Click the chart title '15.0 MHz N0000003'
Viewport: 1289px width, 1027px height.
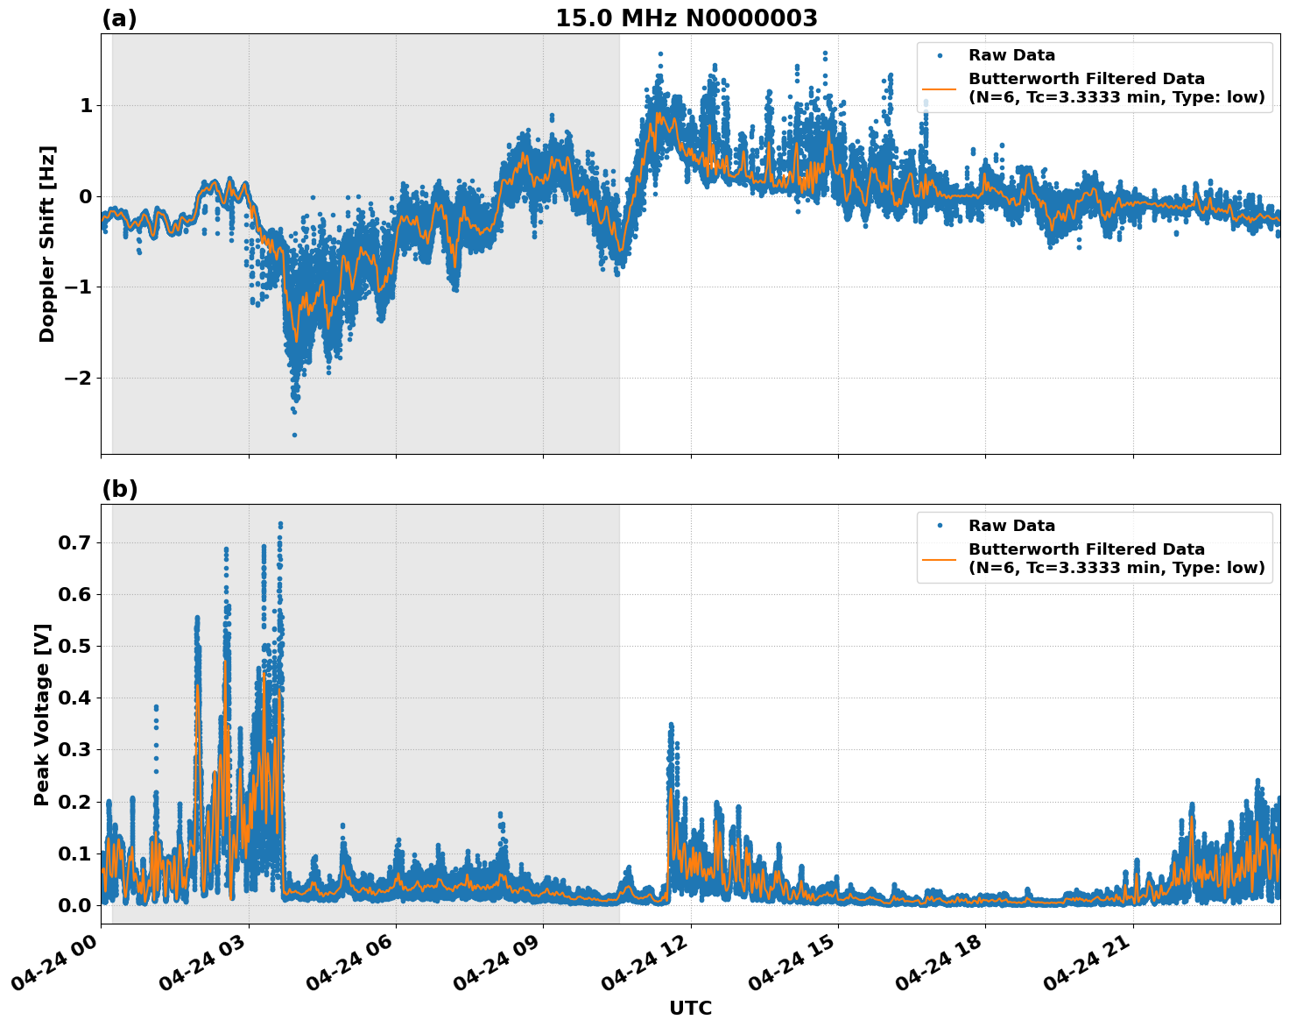pyautogui.click(x=686, y=18)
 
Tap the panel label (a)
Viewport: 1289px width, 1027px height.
pyautogui.click(x=119, y=18)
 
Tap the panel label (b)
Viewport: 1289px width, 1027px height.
pyautogui.click(x=119, y=489)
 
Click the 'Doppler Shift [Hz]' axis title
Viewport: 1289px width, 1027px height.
pyautogui.click(x=46, y=244)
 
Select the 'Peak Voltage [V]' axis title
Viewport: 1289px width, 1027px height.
pyautogui.click(x=41, y=714)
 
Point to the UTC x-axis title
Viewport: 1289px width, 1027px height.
pyautogui.click(x=690, y=1008)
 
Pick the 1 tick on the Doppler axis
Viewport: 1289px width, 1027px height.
pyautogui.click(x=86, y=105)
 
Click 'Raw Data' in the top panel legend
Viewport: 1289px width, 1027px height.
pyautogui.click(x=1011, y=55)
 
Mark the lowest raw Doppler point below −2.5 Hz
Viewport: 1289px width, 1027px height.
pyautogui.click(x=294, y=435)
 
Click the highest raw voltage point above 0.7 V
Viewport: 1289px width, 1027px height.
pyautogui.click(x=280, y=524)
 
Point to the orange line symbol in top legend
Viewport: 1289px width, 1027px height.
pyautogui.click(x=939, y=89)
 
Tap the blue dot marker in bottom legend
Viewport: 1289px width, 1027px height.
pyautogui.click(x=939, y=526)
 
